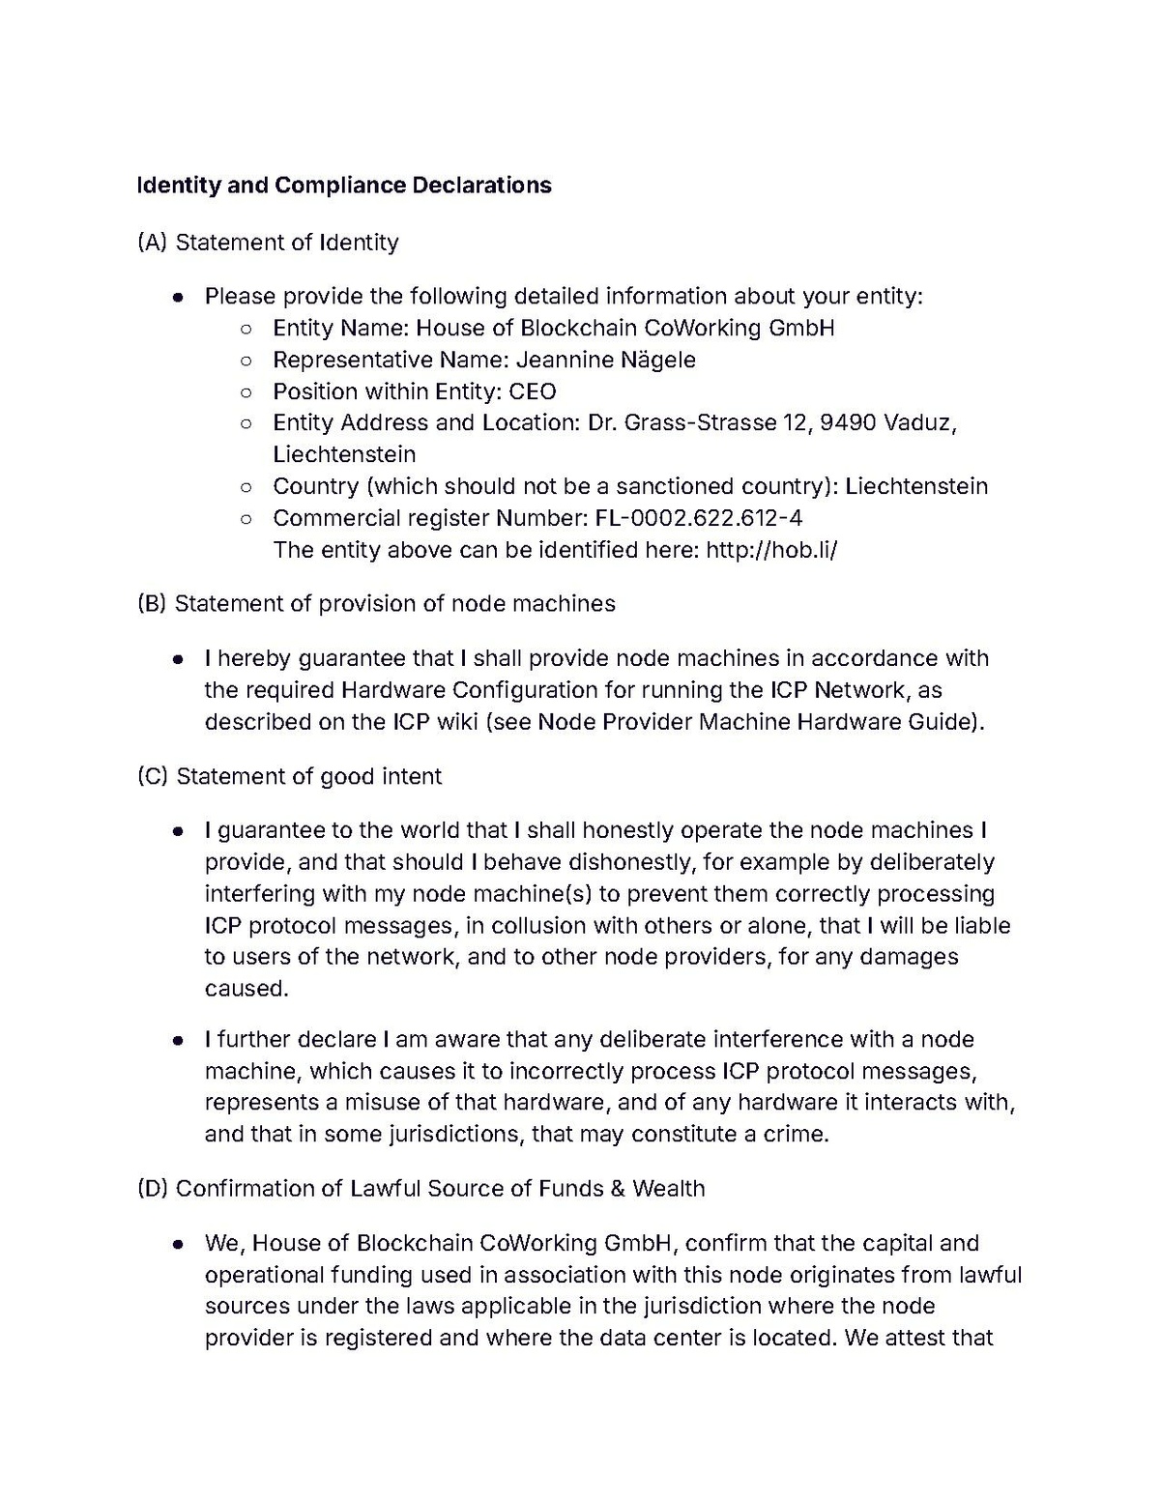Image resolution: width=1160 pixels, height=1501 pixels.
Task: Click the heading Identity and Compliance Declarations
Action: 344,185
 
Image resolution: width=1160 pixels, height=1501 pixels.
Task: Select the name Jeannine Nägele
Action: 605,360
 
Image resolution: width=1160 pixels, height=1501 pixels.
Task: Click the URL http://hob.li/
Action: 771,550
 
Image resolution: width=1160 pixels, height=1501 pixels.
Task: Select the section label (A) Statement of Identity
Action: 268,242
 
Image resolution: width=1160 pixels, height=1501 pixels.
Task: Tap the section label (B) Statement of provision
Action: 376,603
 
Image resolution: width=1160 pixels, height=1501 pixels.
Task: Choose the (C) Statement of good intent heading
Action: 290,776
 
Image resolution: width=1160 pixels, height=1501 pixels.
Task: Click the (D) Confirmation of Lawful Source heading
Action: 420,1188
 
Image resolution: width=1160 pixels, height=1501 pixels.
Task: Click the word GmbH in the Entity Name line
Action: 801,328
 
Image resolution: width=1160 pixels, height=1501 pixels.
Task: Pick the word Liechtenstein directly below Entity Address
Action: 344,454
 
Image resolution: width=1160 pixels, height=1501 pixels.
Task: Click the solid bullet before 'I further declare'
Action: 178,1040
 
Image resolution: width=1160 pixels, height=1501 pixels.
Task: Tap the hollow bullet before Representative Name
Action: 246,361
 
